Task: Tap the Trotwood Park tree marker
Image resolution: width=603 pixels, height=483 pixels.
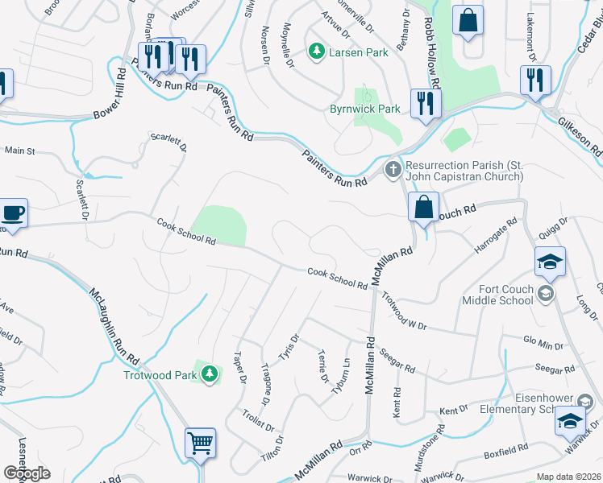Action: (210, 373)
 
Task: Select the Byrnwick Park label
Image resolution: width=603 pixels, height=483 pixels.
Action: (365, 109)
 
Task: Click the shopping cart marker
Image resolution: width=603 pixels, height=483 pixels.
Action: (200, 442)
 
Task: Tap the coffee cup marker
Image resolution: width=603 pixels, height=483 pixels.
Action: (13, 213)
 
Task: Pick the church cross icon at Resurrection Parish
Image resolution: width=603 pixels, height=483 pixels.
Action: (393, 170)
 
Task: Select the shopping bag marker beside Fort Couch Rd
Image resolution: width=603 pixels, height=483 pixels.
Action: (423, 207)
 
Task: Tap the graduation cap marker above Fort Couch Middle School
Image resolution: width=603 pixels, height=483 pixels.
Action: (548, 262)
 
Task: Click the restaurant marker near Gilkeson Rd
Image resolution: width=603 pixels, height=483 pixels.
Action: (535, 80)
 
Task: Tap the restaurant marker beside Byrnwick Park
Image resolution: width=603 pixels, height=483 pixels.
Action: (424, 103)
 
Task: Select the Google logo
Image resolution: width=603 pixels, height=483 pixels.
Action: (27, 473)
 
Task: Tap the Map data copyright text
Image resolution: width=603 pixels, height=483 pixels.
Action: (568, 477)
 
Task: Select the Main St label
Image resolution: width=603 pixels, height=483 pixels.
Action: (20, 151)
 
